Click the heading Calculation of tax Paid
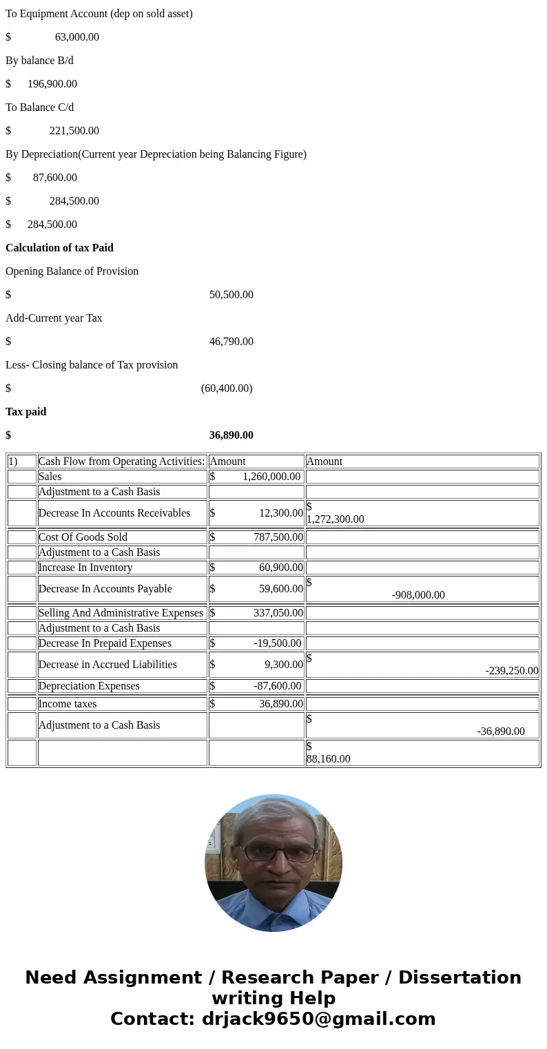tap(59, 248)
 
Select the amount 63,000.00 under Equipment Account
tap(76, 37)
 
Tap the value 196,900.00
tap(52, 84)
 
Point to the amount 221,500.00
tap(74, 131)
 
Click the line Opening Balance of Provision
tap(72, 271)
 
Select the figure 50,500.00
tap(231, 295)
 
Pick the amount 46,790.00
tap(231, 342)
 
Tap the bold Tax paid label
tap(26, 412)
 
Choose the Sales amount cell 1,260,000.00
tap(271, 477)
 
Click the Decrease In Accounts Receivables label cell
tap(114, 513)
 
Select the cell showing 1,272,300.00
tap(336, 519)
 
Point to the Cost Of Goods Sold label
tap(83, 537)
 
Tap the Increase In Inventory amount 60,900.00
tap(280, 568)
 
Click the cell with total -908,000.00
tap(418, 595)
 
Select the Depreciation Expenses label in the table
tap(89, 686)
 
